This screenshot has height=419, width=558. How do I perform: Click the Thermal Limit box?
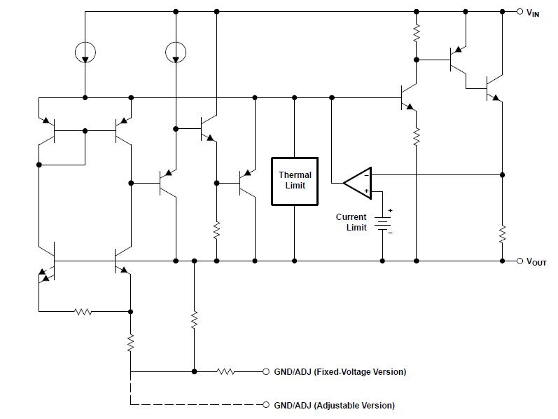pyautogui.click(x=295, y=181)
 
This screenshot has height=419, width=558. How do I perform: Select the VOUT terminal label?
pyautogui.click(x=536, y=262)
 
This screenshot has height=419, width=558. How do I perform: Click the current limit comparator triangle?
pyautogui.click(x=358, y=183)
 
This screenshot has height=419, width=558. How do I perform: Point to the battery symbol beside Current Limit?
pyautogui.click(x=382, y=224)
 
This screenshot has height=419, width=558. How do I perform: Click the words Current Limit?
pyautogui.click(x=351, y=222)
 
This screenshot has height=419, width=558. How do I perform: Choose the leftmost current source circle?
pyautogui.click(x=85, y=52)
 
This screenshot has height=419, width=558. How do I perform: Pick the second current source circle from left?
pyautogui.click(x=176, y=52)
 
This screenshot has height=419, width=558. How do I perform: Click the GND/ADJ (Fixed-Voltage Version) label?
pyautogui.click(x=339, y=371)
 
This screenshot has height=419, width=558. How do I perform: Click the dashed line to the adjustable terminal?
pyautogui.click(x=196, y=405)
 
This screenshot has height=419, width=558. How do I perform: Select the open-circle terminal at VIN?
pyautogui.click(x=519, y=11)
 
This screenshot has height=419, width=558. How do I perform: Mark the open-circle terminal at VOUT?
pyautogui.click(x=519, y=261)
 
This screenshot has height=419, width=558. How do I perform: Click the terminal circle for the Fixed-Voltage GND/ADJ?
pyautogui.click(x=266, y=371)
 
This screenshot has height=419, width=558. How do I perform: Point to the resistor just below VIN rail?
pyautogui.click(x=416, y=32)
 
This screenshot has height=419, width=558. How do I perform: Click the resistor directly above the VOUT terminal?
pyautogui.click(x=502, y=233)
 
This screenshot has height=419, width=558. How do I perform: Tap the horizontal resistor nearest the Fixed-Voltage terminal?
pyautogui.click(x=225, y=371)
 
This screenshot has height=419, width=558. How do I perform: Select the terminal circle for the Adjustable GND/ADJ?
pyautogui.click(x=266, y=405)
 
